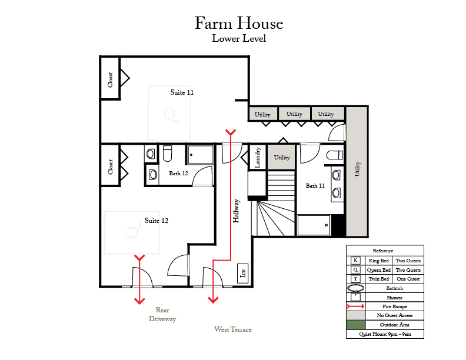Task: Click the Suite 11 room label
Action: pos(182,92)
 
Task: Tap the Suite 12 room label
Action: pos(157,221)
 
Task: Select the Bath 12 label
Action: pos(178,173)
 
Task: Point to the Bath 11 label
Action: pos(315,186)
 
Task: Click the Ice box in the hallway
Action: pos(243,273)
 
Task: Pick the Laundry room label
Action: pos(258,158)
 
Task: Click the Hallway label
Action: pos(236,211)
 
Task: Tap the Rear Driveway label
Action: pos(162,314)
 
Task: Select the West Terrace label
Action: pos(232,329)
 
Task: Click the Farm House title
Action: pos(239,23)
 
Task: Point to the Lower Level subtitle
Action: pos(239,39)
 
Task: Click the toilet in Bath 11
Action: pos(334,155)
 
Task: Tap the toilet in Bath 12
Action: pos(167,153)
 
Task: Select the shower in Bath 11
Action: pos(314,225)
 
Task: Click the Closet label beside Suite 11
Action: pos(110,79)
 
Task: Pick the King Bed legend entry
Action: pos(379,261)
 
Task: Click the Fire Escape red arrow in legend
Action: pos(355,306)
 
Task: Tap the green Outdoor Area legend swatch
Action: pos(356,325)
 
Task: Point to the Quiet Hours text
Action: pos(385,334)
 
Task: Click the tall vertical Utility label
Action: pos(357,169)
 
